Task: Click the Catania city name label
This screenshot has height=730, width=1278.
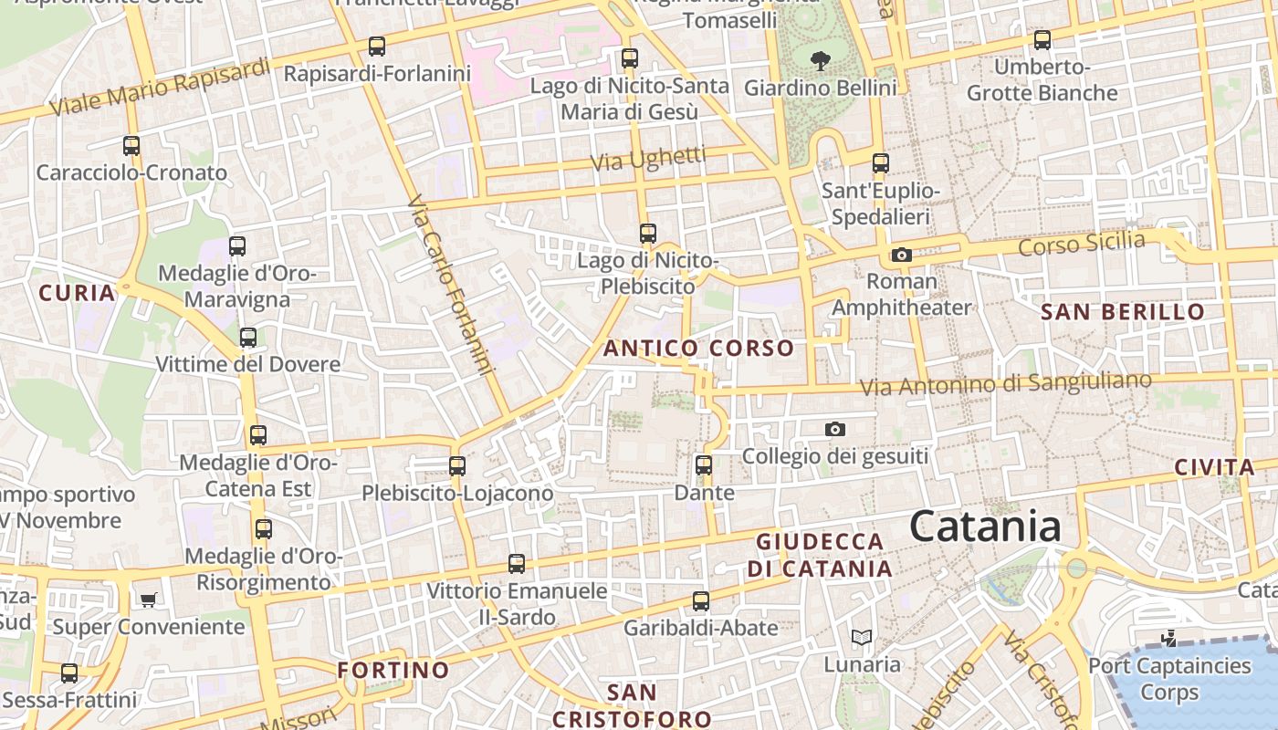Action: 986,527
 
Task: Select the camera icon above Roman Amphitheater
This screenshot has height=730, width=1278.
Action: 902,255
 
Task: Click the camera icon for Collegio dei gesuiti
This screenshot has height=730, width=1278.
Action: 834,429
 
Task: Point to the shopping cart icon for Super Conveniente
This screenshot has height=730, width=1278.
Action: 148,600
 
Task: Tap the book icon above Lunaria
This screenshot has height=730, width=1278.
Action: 862,637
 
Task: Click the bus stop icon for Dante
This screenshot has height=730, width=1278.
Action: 704,465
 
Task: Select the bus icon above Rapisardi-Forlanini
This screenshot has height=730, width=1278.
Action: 376,47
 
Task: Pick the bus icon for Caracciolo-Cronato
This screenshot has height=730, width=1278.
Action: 131,146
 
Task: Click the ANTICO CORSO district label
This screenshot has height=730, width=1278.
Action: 698,348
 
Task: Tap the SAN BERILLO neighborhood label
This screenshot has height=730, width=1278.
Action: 1123,312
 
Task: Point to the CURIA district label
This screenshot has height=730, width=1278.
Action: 77,293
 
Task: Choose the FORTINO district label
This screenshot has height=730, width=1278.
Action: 393,670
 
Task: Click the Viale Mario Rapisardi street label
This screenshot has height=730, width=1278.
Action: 160,88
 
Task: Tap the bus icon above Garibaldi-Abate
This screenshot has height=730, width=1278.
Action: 701,601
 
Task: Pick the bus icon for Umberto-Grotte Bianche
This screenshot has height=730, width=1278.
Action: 1042,40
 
